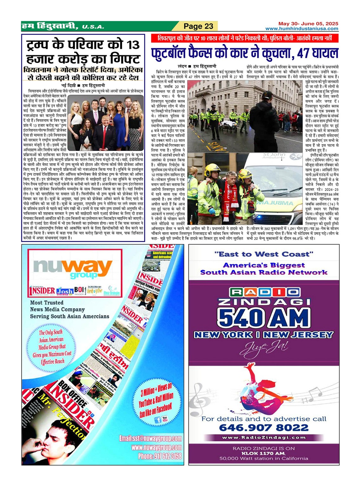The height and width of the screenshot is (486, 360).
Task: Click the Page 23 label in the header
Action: click(199, 26)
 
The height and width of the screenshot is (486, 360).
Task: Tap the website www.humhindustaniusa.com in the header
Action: click(302, 29)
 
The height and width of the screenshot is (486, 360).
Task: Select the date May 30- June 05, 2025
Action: click(308, 23)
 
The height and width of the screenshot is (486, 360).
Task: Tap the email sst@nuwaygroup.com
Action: click(150, 438)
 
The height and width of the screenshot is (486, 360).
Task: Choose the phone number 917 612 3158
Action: click(160, 456)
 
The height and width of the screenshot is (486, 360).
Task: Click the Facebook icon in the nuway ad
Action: click(157, 420)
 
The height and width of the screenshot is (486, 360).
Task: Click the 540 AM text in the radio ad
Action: click(264, 317)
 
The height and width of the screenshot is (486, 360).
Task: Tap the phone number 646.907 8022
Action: click(264, 428)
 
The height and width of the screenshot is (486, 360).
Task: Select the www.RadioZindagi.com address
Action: click(264, 437)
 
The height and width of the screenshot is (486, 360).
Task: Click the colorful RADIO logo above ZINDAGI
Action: click(264, 292)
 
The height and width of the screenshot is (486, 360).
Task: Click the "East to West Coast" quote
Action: click(264, 254)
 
